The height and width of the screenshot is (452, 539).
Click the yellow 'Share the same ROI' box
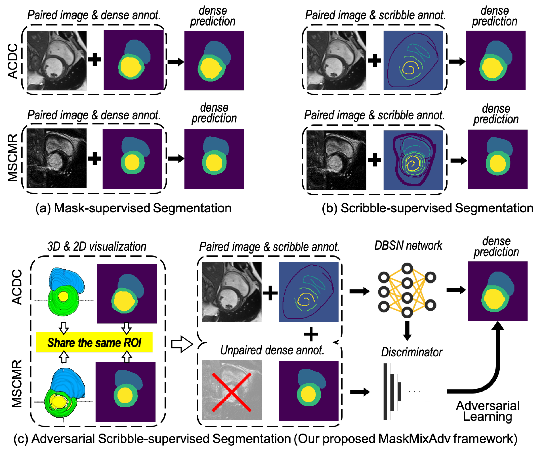94,342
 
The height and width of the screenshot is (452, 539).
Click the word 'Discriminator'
411,352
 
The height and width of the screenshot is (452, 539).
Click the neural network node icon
407,290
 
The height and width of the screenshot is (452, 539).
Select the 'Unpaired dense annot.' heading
272,350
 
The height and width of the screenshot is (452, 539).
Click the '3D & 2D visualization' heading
97,246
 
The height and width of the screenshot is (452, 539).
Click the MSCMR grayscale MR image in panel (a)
57,158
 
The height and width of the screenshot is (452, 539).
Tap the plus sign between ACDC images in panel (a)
95,59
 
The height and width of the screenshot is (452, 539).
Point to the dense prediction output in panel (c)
497,291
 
